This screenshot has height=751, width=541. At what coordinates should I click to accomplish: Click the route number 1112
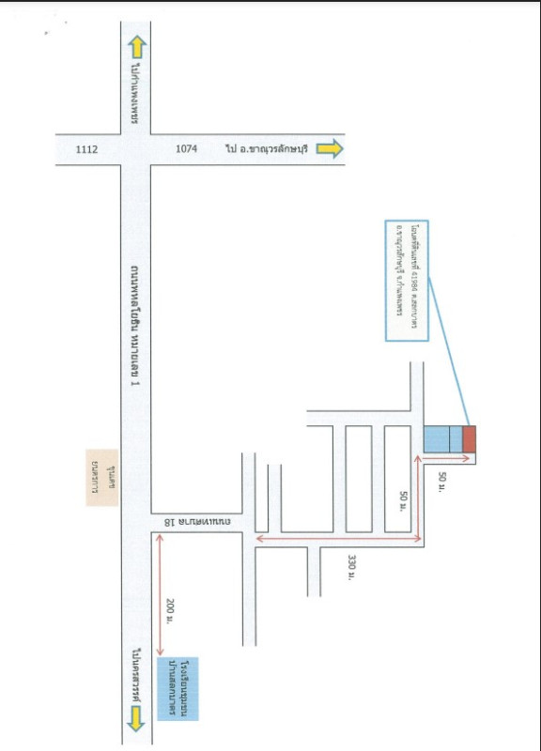86,148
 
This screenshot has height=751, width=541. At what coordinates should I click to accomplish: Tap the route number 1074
186,148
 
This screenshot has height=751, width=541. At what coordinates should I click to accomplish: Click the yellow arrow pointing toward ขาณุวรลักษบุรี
330,148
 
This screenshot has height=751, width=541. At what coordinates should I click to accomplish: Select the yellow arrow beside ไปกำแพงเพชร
137,46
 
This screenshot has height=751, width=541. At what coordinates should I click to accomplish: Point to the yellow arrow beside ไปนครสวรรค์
137,718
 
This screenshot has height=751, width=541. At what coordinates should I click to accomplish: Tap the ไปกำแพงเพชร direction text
136,95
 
